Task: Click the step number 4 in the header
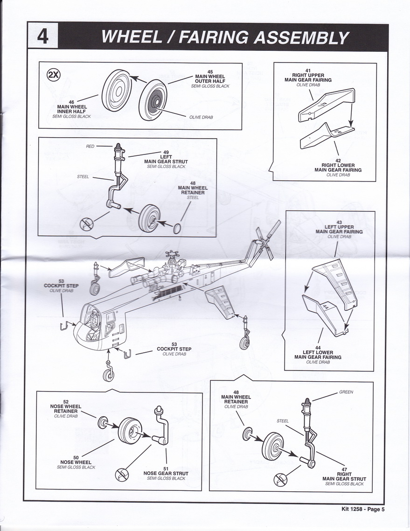click(42, 36)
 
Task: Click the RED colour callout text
click(90, 146)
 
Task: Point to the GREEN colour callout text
click(346, 392)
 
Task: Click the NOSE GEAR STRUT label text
click(166, 473)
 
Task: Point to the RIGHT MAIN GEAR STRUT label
click(344, 476)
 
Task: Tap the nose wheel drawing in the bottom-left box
click(129, 430)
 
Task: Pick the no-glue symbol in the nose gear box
click(121, 475)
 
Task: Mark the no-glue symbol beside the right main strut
click(280, 479)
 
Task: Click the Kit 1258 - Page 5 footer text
click(363, 509)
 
